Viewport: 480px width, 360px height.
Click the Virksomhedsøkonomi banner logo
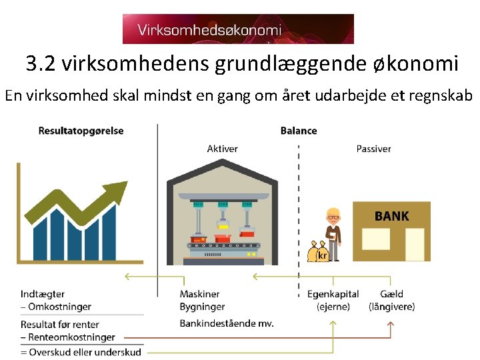coord(238,29)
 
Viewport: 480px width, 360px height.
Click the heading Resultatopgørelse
coord(81,131)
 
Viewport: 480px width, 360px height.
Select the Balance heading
coord(298,131)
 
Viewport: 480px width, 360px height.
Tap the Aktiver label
coord(222,149)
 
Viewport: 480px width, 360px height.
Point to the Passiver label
coord(373,149)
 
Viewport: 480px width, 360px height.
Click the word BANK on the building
coord(391,216)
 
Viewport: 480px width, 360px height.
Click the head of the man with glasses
coord(333,216)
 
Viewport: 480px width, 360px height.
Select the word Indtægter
coord(43,294)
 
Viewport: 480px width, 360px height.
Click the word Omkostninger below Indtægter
coord(59,307)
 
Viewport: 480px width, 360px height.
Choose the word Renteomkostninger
coord(71,337)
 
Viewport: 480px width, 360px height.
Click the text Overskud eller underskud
coord(84,351)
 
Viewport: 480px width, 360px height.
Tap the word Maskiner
coord(199,294)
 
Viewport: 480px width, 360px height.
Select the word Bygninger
coord(202,307)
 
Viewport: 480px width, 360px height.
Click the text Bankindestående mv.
coord(226,323)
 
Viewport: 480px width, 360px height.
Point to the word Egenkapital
coord(333,294)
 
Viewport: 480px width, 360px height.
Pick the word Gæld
coord(391,294)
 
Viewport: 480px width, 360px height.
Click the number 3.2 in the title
coord(39,64)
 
